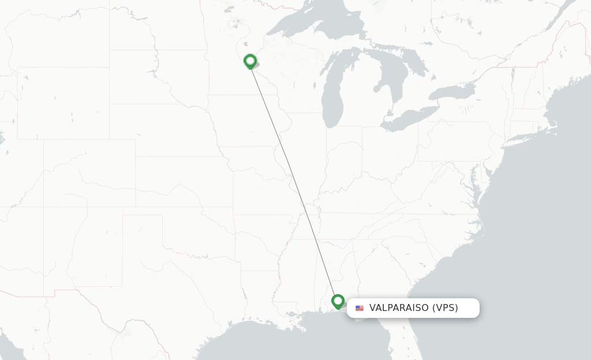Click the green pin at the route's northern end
pyautogui.click(x=250, y=61)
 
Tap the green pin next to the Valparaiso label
pyautogui.click(x=338, y=301)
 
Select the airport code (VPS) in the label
pyautogui.click(x=445, y=308)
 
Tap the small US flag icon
pyautogui.click(x=360, y=308)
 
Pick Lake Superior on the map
pyautogui.click(x=323, y=26)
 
